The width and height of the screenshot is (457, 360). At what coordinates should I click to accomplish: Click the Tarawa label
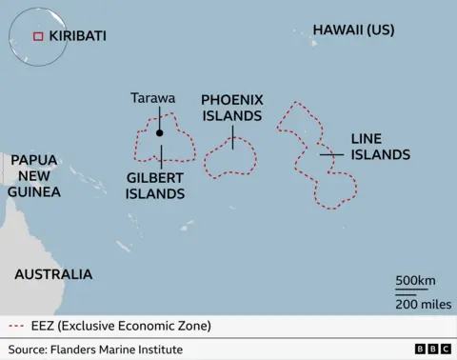[x=152, y=97]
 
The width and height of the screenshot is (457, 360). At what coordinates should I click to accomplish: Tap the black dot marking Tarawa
[x=160, y=133]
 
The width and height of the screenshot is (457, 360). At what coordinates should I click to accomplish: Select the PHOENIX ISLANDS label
[x=231, y=108]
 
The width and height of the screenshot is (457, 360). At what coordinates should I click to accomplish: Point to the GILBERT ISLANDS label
[x=155, y=185]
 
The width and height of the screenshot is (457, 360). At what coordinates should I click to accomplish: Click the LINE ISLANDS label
[x=381, y=147]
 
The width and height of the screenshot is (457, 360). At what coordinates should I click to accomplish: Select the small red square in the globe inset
[x=38, y=36]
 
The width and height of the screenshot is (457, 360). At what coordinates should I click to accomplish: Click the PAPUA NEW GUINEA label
[x=34, y=176]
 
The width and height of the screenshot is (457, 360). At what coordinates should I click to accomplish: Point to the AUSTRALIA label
[x=53, y=274]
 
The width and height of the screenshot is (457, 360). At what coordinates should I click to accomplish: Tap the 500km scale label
[x=415, y=281]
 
